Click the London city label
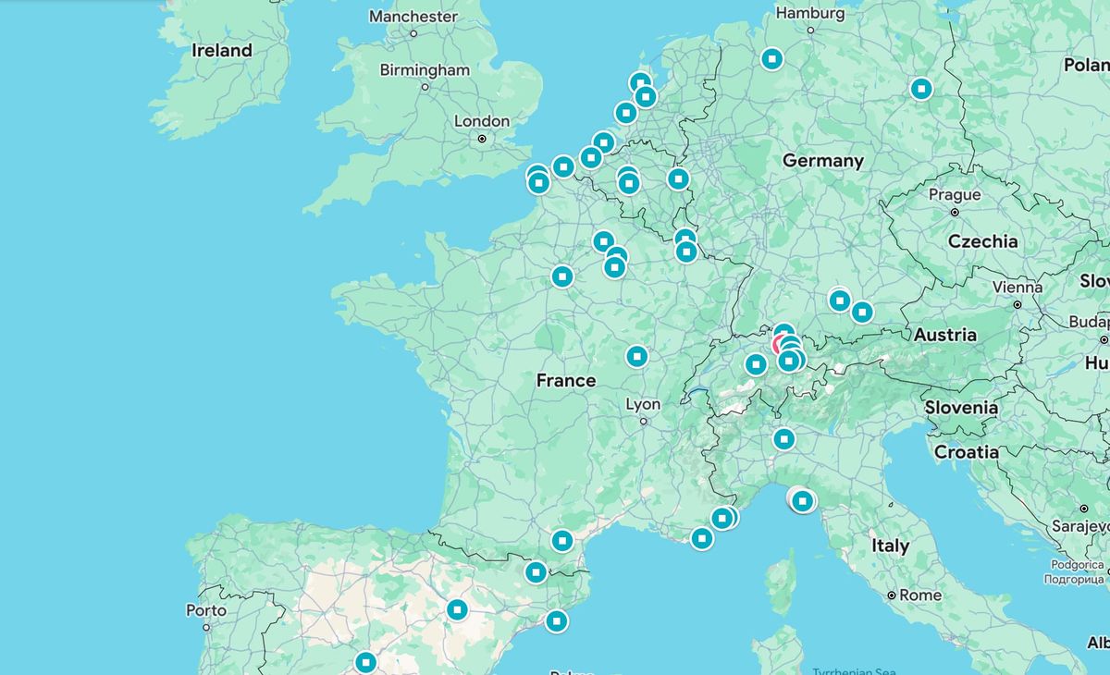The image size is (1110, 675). click(x=481, y=121)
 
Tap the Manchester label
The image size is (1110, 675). click(x=413, y=16)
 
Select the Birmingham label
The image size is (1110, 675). click(x=425, y=70)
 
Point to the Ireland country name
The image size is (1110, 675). click(x=222, y=51)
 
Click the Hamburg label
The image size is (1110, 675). click(x=809, y=14)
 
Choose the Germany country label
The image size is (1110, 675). click(x=822, y=161)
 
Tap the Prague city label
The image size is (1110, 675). click(x=954, y=195)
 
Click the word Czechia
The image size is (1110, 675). click(x=982, y=241)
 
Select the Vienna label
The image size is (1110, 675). click(x=1017, y=288)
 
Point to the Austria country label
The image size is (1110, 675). click(x=944, y=335)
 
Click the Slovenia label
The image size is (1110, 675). click(x=961, y=408)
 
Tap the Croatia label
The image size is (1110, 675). click(x=966, y=452)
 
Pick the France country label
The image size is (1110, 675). click(x=565, y=380)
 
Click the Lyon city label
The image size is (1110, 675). click(x=643, y=405)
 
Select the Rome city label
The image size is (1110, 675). click(x=919, y=595)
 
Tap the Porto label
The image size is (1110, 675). click(x=205, y=610)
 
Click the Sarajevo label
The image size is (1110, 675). click(x=1079, y=526)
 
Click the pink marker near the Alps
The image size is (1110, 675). click(x=779, y=346)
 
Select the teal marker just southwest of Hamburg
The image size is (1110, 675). click(x=771, y=59)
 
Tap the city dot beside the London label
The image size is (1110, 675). click(x=482, y=139)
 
